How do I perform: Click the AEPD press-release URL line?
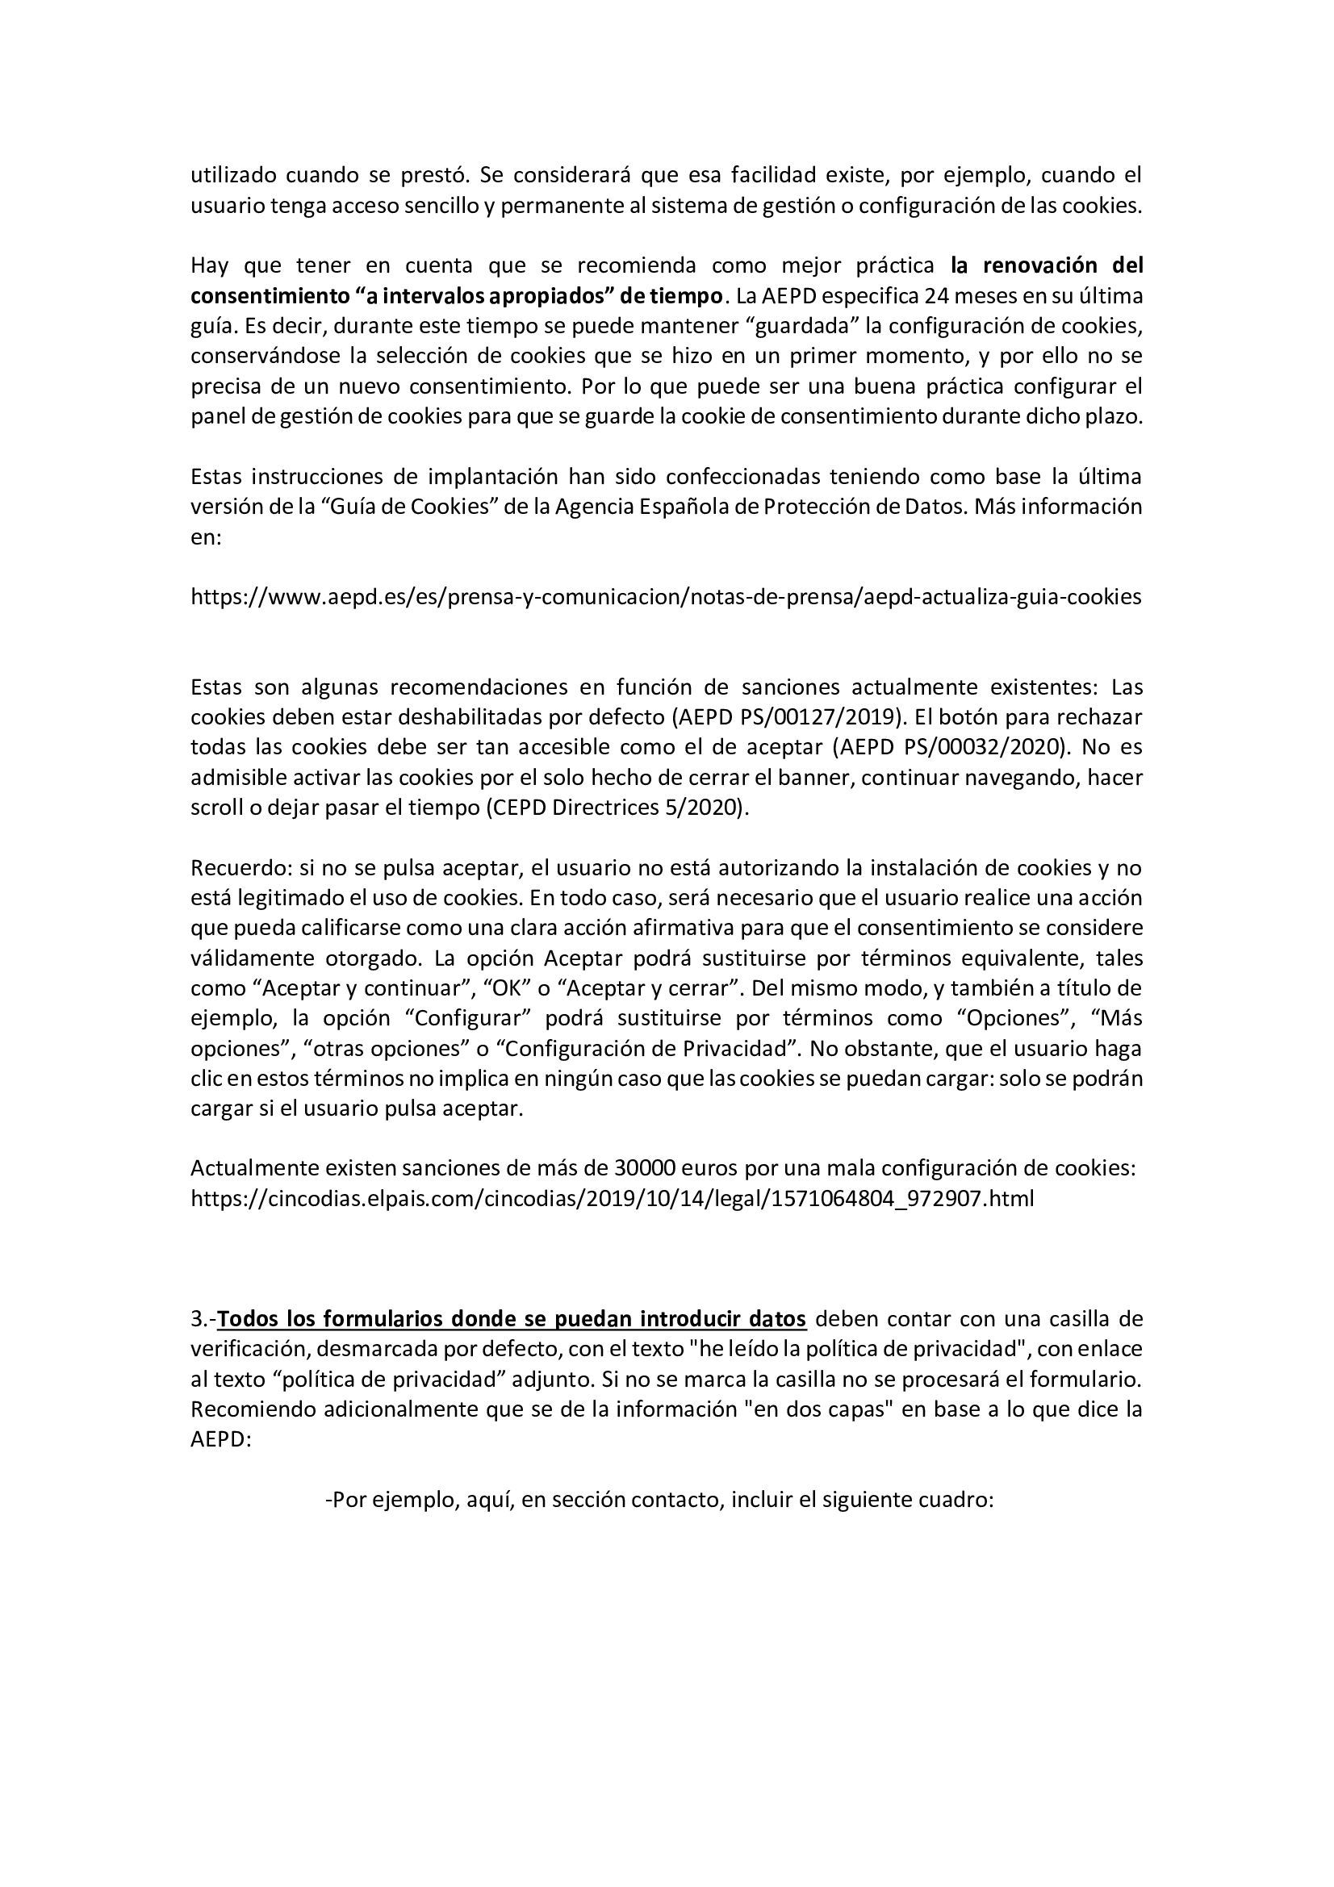tap(666, 597)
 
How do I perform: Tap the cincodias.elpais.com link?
tap(613, 1198)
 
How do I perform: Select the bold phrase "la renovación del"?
tap(1047, 265)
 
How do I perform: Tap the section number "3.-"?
tap(203, 1318)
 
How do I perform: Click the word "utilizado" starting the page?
tap(232, 175)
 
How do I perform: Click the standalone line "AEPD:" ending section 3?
tap(220, 1439)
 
